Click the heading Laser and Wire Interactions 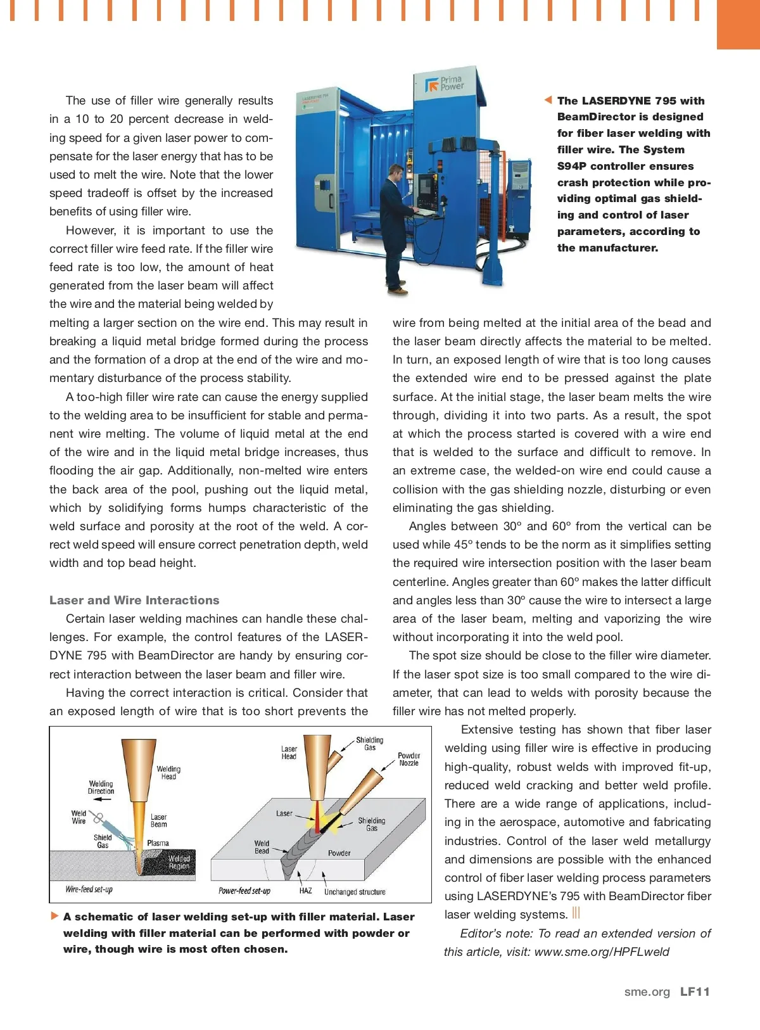(x=134, y=600)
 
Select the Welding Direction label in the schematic (x=101, y=787)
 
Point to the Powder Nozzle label (x=408, y=759)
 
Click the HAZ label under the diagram (x=305, y=891)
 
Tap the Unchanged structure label (x=355, y=892)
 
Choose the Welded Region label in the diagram (x=179, y=862)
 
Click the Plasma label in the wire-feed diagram (x=158, y=843)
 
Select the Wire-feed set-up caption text (x=89, y=889)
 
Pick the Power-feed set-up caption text (x=244, y=891)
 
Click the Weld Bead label (x=262, y=847)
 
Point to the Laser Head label (x=289, y=753)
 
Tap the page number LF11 (x=695, y=992)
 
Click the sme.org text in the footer (x=647, y=992)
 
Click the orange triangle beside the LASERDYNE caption (x=548, y=100)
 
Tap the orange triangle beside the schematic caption (x=54, y=916)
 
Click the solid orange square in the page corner (x=738, y=24)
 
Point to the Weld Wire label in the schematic (x=79, y=817)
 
